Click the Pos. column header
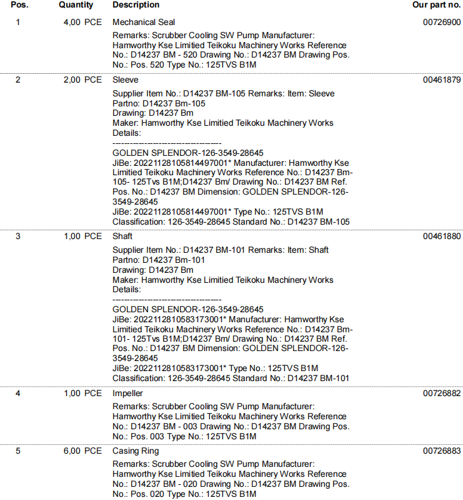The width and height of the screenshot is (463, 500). tap(19, 5)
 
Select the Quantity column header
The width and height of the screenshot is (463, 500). tap(76, 5)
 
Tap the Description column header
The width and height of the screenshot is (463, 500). tap(136, 5)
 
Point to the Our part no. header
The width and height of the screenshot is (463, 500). tap(436, 5)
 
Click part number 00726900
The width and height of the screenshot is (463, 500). tap(442, 23)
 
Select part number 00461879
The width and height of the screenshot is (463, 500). tap(442, 80)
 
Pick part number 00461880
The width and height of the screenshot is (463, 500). tap(442, 237)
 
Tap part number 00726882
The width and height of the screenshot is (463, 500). tap(442, 394)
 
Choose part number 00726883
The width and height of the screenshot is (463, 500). tap(442, 451)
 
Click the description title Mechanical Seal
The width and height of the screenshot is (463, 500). tap(144, 23)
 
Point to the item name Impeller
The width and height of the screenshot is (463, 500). tap(127, 394)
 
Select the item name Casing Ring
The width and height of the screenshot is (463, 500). tap(136, 451)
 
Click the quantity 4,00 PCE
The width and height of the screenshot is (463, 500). tap(82, 23)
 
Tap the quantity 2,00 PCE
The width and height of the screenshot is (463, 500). tap(82, 80)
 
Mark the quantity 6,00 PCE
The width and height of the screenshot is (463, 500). tap(82, 451)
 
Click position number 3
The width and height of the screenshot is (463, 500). tap(17, 237)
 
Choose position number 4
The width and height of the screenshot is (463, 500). tap(17, 394)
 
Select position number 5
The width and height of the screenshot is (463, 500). tap(17, 451)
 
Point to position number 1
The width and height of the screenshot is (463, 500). tap(17, 23)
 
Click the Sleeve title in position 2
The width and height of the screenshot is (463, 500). tap(126, 80)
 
